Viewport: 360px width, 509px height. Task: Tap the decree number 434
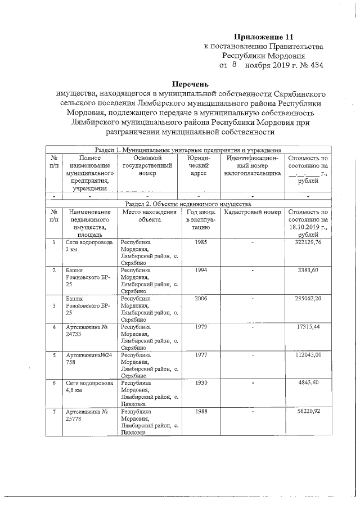pos(315,65)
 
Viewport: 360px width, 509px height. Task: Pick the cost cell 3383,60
pos(310,271)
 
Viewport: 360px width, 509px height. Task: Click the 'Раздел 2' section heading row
pos(187,203)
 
